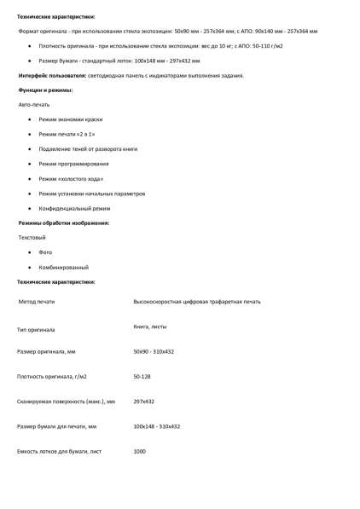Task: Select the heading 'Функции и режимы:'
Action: pyautogui.click(x=45, y=90)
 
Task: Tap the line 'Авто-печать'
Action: pyautogui.click(x=34, y=104)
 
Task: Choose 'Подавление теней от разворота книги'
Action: pyautogui.click(x=88, y=148)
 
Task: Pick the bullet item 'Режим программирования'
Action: pyautogui.click(x=73, y=163)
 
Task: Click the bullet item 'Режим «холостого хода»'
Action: pyautogui.click(x=73, y=178)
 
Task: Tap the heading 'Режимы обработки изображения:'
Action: pyautogui.click(x=64, y=223)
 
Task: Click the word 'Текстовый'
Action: pyautogui.click(x=32, y=237)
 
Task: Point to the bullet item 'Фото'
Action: pyautogui.click(x=45, y=252)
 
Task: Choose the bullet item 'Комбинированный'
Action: pyautogui.click(x=64, y=267)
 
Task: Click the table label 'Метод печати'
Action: pyautogui.click(x=38, y=302)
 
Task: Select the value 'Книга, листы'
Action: pyautogui.click(x=150, y=327)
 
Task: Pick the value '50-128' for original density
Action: pyautogui.click(x=143, y=376)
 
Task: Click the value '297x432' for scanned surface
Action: pyautogui.click(x=144, y=401)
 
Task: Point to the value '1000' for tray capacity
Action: pyautogui.click(x=141, y=451)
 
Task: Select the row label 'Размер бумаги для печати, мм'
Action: pyautogui.click(x=56, y=425)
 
